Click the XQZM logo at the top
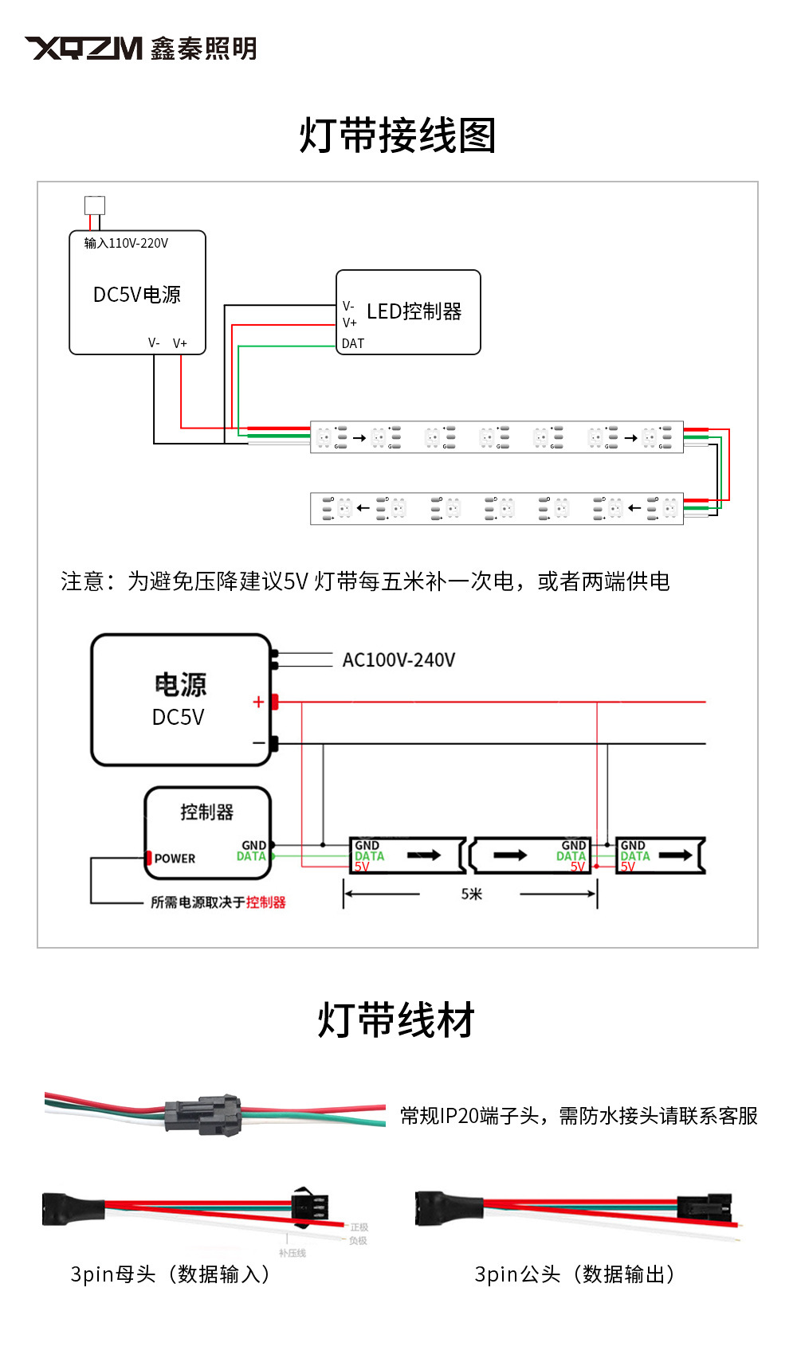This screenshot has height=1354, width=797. click(x=84, y=49)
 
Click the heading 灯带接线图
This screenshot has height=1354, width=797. click(x=397, y=135)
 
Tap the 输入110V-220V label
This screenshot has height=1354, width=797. click(x=126, y=243)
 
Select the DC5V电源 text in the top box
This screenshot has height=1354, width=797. click(x=137, y=295)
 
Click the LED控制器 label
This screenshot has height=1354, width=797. click(x=414, y=311)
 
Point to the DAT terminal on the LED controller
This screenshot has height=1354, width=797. click(x=352, y=343)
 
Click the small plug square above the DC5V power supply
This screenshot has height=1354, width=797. click(x=95, y=205)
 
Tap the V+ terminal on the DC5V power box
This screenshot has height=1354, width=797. click(x=180, y=343)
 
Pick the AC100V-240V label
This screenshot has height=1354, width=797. click(x=398, y=659)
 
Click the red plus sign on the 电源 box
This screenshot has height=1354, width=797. click(x=258, y=702)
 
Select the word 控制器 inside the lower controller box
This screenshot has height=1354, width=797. click(x=206, y=812)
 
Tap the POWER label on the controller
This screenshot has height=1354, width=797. click(x=175, y=859)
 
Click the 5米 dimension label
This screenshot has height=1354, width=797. click(x=471, y=894)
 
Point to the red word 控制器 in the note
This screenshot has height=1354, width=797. click(x=265, y=902)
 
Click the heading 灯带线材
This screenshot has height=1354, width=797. click(x=396, y=1020)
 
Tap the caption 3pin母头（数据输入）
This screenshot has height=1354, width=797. click(x=171, y=1274)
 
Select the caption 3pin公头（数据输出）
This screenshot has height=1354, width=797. click(x=575, y=1274)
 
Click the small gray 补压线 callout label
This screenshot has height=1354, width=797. click(x=292, y=1253)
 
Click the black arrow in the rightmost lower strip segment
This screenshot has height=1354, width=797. click(x=675, y=855)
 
